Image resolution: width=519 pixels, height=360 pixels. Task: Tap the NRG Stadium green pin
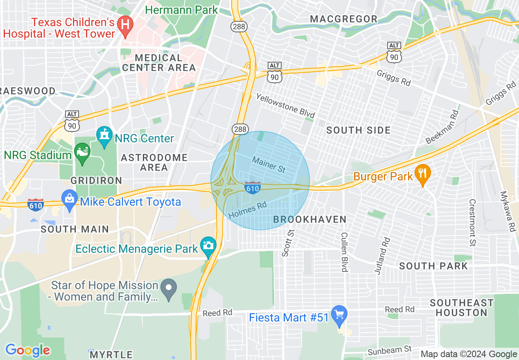[82, 153]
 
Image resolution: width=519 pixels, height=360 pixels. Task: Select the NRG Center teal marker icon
[104, 137]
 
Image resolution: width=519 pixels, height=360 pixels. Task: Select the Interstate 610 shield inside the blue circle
[253, 187]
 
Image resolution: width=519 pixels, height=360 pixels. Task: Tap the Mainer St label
[269, 164]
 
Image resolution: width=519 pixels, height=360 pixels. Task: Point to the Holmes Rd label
[248, 211]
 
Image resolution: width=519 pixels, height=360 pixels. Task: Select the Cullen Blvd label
[344, 252]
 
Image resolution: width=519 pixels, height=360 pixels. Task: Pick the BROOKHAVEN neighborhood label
[310, 220]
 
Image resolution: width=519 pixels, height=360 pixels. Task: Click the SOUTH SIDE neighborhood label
[358, 130]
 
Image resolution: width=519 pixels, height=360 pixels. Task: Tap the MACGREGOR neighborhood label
[344, 19]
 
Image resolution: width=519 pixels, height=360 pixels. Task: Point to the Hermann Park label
[181, 10]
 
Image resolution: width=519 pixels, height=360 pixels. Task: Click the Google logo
[27, 350]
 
